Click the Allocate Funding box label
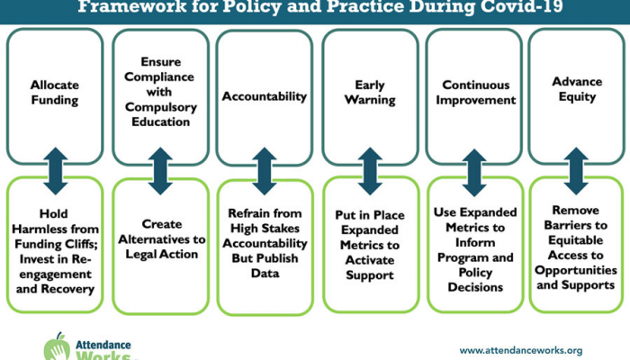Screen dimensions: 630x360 click(55, 93)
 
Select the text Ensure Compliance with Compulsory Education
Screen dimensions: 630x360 click(160, 92)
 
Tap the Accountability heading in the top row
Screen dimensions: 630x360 click(265, 96)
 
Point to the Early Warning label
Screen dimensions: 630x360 click(370, 93)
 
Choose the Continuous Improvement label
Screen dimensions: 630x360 click(476, 93)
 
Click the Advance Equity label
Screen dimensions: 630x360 click(577, 89)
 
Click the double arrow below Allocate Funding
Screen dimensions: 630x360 click(55, 171)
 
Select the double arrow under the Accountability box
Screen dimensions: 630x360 click(265, 171)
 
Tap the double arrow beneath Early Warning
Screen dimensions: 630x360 click(370, 171)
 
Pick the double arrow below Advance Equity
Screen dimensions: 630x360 click(576, 171)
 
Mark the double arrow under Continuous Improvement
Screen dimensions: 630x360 click(474, 173)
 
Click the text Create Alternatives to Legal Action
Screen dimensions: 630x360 click(161, 239)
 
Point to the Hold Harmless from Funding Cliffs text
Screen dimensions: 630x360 click(56, 229)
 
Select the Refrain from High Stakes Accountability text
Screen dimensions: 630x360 click(265, 229)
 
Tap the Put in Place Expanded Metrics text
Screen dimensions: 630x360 click(370, 230)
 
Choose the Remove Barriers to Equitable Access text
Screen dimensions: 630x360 click(576, 232)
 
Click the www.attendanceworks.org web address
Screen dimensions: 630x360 click(521, 350)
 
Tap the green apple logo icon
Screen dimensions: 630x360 click(57, 347)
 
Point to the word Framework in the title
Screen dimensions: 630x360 click(132, 7)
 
